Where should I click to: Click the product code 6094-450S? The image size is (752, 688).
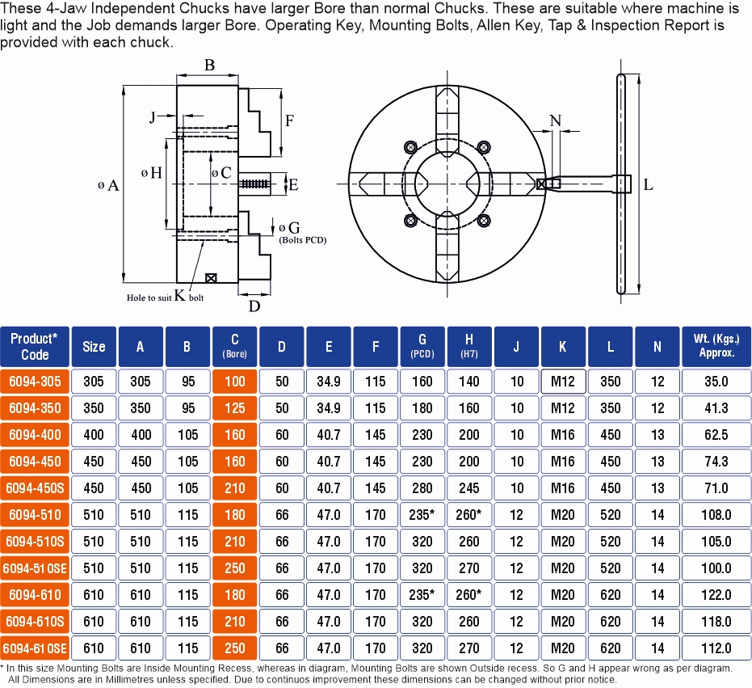point(35,488)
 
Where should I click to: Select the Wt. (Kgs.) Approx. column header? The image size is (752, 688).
point(716,346)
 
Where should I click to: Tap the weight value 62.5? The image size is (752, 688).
point(716,435)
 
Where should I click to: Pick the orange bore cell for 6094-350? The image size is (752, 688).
point(234,408)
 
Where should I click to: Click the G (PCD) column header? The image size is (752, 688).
point(422,346)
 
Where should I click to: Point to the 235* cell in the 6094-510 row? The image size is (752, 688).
point(422,515)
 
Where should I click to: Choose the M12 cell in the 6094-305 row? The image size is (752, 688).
point(563,382)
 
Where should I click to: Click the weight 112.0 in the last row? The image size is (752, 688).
point(716,648)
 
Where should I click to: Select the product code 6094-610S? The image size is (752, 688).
point(35,622)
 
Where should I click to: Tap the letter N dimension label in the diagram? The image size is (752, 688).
point(555,120)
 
